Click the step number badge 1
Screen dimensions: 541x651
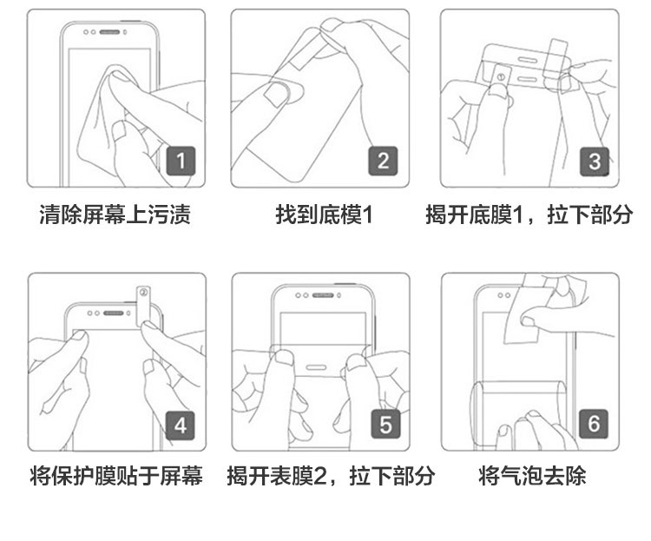pos(181,160)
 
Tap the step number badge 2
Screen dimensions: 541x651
pos(384,160)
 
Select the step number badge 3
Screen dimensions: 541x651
pos(594,160)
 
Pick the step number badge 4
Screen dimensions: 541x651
pos(181,425)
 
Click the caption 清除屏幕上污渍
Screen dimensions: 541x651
pos(115,214)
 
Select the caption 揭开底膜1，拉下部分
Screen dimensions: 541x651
pos(529,214)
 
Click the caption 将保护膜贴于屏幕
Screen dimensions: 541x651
pos(115,476)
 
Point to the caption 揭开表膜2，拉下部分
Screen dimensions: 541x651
pos(331,476)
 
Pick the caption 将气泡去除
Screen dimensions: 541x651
pos(532,476)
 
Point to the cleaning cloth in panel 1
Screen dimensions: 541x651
pos(104,122)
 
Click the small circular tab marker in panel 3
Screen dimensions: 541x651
pos(500,76)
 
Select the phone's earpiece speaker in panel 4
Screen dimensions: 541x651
pos(110,309)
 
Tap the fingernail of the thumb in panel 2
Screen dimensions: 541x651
pos(275,93)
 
